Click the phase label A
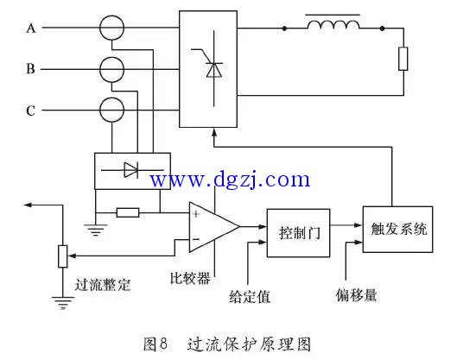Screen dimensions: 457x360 point(31,28)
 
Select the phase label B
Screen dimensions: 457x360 point(30,69)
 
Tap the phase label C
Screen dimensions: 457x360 point(30,111)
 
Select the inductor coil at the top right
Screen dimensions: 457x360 point(333,24)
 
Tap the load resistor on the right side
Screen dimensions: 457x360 point(403,59)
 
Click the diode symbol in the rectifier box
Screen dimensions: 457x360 point(130,170)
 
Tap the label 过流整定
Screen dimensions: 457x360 point(103,285)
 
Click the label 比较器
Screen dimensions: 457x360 point(190,278)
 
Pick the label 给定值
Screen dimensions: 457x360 point(250,296)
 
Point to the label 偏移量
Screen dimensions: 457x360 point(356,295)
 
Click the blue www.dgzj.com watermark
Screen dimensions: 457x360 point(231,180)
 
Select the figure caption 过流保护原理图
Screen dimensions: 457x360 point(249,344)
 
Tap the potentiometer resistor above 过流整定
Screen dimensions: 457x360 point(63,256)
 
